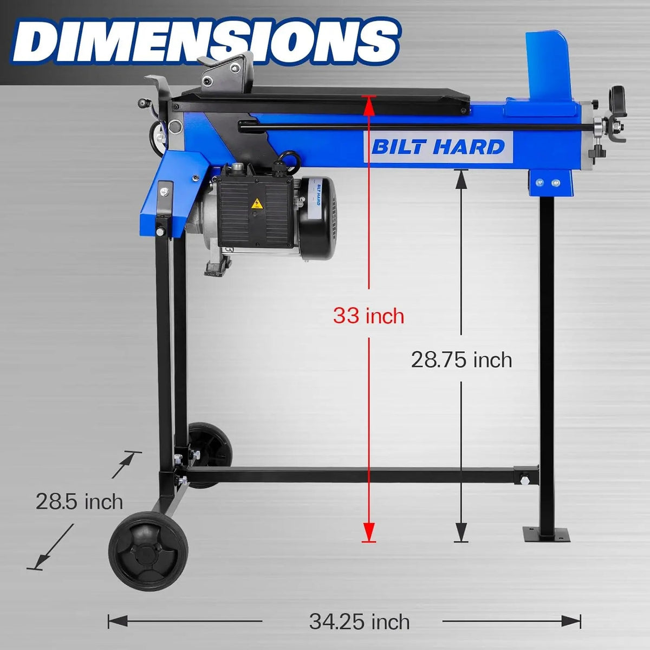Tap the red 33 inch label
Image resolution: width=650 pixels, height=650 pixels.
click(x=368, y=315)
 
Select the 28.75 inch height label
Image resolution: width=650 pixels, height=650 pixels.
click(x=461, y=360)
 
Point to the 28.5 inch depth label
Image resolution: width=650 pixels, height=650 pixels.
click(x=79, y=502)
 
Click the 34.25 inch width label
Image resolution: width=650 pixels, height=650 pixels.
click(x=359, y=622)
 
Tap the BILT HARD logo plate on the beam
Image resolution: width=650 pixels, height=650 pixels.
click(x=438, y=146)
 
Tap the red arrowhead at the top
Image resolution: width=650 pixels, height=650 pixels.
click(x=369, y=106)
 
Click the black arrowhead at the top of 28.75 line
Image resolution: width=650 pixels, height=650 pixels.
click(x=461, y=180)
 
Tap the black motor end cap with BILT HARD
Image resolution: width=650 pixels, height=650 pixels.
click(x=317, y=219)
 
